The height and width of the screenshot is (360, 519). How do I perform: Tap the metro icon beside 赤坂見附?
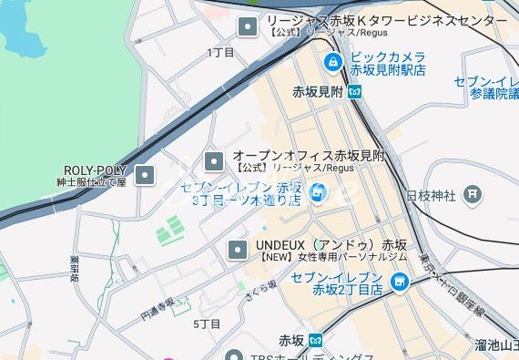(x=354, y=91)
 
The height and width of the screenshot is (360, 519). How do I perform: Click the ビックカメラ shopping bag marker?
(x=334, y=63)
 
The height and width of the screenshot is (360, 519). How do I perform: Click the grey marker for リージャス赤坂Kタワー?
(x=248, y=26)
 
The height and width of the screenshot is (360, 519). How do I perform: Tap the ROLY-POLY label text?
(x=95, y=170)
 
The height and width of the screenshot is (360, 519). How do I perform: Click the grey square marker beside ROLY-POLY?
(x=145, y=174)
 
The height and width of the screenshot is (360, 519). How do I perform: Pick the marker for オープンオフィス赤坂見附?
(x=214, y=162)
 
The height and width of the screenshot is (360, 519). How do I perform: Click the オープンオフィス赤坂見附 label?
(x=309, y=157)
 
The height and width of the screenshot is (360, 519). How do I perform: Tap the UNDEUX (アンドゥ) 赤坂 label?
(x=331, y=246)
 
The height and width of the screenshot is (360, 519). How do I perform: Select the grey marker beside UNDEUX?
(x=238, y=249)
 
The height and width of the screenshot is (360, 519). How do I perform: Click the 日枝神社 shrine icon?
(x=472, y=193)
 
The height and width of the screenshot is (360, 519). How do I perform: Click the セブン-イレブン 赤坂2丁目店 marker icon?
(x=398, y=283)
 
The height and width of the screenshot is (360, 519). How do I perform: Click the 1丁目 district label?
(x=220, y=53)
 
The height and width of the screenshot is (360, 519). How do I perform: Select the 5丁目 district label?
(x=208, y=324)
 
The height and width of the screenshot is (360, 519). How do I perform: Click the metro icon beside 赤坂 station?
(x=316, y=341)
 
